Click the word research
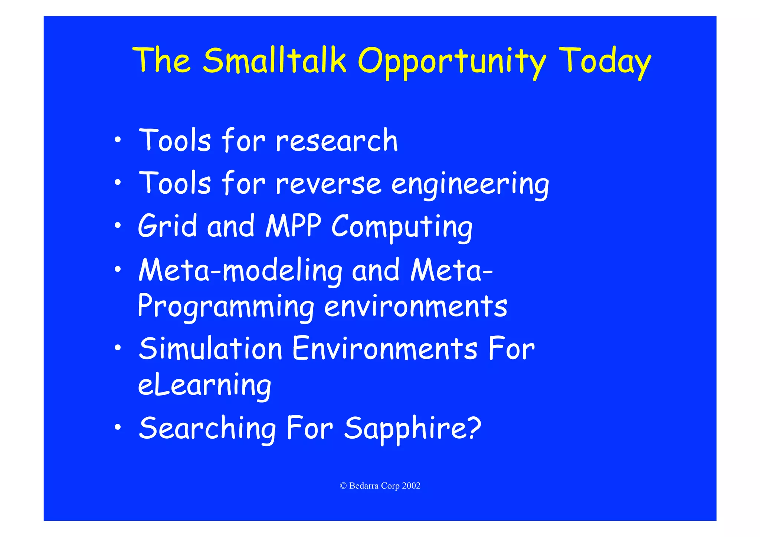pyautogui.click(x=337, y=141)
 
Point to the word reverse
pyautogui.click(x=328, y=184)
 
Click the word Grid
pyautogui.click(x=167, y=226)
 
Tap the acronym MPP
pyautogui.click(x=293, y=226)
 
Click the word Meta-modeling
pyautogui.click(x=240, y=271)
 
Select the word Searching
pyautogui.click(x=207, y=429)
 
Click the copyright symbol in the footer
pyautogui.click(x=343, y=486)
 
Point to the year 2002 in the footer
pyautogui.click(x=411, y=486)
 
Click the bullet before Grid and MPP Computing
pyautogui.click(x=118, y=225)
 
